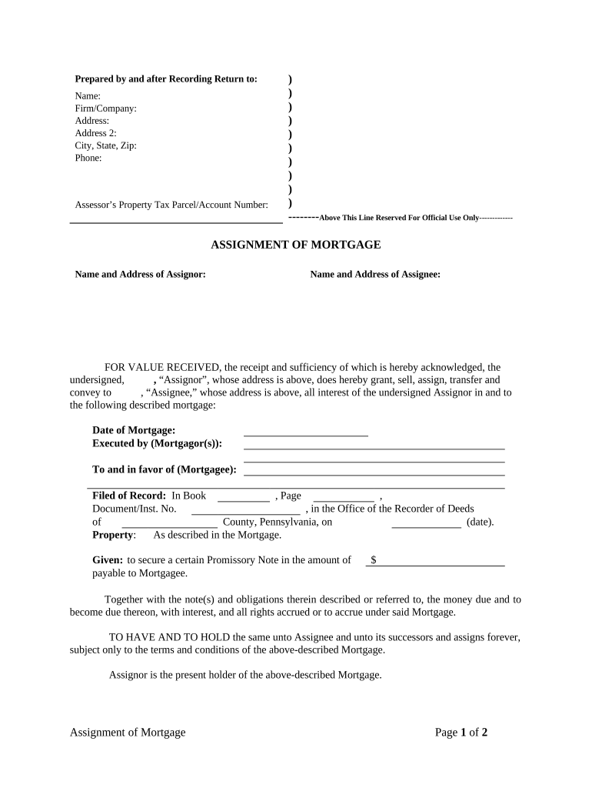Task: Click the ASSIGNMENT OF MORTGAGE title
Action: (x=296, y=245)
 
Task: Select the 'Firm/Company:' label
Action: (x=105, y=109)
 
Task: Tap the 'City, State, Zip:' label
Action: (x=105, y=145)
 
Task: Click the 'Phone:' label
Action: (x=88, y=158)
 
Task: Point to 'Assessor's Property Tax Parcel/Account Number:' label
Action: (x=171, y=205)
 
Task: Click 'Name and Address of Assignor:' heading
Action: (x=140, y=274)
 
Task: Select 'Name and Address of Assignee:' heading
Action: (x=375, y=274)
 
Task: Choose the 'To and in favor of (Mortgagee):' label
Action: (x=164, y=470)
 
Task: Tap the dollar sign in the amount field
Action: (x=373, y=560)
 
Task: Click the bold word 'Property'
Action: (x=113, y=535)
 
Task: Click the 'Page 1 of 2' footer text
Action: (x=461, y=733)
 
